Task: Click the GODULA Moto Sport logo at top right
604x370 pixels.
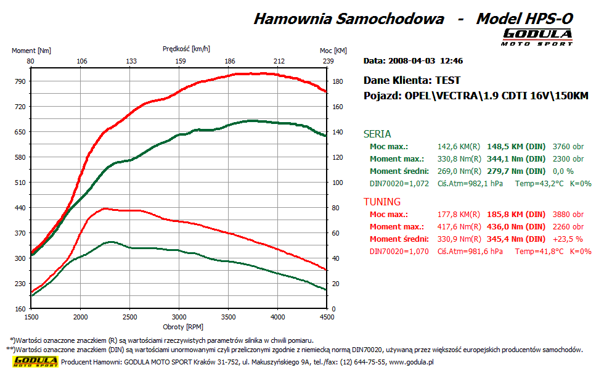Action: tap(537, 36)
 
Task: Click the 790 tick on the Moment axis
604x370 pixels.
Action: tap(20, 81)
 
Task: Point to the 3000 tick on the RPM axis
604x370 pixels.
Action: tap(179, 317)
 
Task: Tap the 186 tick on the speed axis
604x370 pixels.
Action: tap(230, 61)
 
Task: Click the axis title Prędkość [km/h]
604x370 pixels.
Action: tap(186, 48)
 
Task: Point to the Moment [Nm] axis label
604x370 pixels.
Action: tap(31, 51)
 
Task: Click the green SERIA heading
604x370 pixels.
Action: tap(377, 134)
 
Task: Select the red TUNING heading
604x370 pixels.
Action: tap(382, 202)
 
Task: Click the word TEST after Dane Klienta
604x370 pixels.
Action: tap(447, 80)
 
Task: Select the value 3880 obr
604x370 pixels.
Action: tap(568, 215)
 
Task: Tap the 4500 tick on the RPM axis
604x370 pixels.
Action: tap(327, 317)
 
